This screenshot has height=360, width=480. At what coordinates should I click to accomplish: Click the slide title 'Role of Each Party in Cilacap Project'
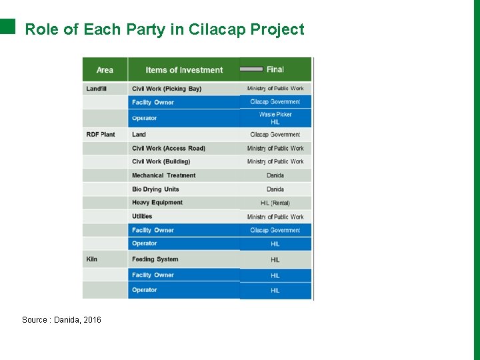(164, 29)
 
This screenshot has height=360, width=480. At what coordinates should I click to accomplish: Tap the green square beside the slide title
(7, 26)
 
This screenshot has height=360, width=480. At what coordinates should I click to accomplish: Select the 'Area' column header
(105, 70)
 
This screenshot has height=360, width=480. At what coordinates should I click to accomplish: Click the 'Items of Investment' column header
(184, 70)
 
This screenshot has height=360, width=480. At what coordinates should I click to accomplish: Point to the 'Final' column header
(275, 69)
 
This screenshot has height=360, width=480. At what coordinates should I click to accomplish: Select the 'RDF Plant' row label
(101, 135)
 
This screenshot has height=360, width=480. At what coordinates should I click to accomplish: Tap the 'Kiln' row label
(92, 259)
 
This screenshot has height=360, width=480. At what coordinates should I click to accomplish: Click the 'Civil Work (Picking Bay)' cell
(167, 89)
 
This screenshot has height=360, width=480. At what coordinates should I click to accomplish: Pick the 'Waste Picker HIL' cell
(275, 118)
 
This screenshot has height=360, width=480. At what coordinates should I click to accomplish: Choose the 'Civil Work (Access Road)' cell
(169, 149)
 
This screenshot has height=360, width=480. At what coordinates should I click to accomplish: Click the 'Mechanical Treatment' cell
(164, 175)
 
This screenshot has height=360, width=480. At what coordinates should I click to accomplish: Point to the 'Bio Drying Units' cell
(155, 189)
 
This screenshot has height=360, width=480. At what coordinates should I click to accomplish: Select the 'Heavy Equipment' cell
(157, 203)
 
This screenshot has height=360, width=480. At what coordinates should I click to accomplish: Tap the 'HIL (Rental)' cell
(275, 203)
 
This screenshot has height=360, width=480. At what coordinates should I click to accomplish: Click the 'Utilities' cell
(142, 217)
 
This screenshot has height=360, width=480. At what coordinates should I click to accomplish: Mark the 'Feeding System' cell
(155, 259)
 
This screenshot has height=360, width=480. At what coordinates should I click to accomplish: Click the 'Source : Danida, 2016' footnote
(61, 320)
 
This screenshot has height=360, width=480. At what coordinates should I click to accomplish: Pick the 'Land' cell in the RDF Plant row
(139, 135)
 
